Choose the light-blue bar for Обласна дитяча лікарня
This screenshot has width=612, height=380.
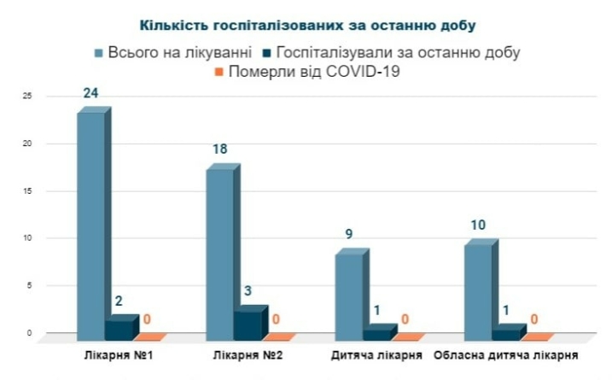[x=478, y=289]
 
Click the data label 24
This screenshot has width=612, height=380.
[x=91, y=92]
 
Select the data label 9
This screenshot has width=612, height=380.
[x=350, y=233]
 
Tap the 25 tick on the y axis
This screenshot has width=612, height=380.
[x=28, y=96]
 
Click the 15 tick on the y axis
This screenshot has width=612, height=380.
[x=28, y=190]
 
